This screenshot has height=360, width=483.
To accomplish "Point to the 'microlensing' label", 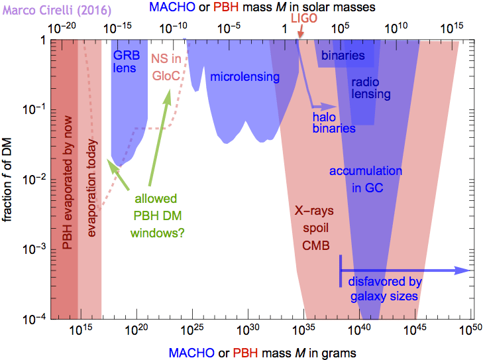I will pyautogui.click(x=245, y=78).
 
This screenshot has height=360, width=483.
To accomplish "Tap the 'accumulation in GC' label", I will pyautogui.click(x=365, y=180).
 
